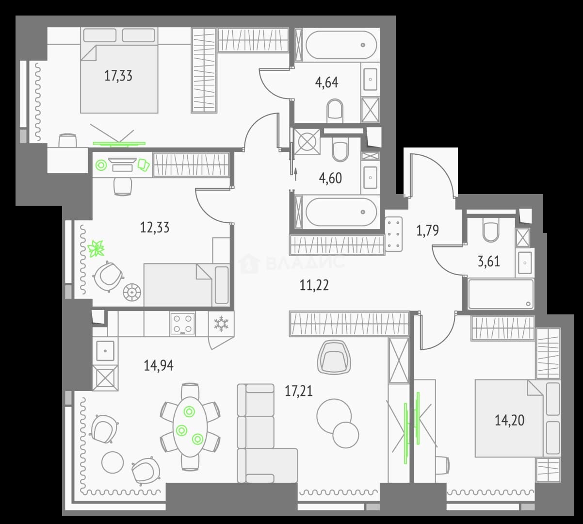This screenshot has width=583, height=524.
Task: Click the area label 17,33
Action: point(118,76)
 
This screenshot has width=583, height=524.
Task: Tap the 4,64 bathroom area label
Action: point(326,82)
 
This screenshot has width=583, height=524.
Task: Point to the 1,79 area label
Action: point(428,230)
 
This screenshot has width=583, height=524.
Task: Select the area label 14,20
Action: point(510,420)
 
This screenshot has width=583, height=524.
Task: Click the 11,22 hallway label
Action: point(314,285)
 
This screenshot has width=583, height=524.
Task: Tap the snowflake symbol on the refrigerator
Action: point(221,323)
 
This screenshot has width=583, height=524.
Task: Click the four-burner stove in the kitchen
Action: point(182,323)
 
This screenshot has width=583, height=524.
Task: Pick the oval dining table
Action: point(190,426)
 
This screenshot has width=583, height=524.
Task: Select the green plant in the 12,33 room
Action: point(96,248)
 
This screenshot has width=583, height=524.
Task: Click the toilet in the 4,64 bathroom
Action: point(335,111)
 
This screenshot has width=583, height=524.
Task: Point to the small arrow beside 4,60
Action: point(295,175)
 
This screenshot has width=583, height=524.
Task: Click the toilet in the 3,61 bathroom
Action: point(491,231)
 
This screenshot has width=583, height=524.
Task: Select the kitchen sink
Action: point(105,350)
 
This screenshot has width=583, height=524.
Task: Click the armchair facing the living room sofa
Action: point(334,357)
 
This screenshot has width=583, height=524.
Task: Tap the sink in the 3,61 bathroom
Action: point(525,263)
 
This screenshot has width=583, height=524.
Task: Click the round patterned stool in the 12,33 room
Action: point(132,292)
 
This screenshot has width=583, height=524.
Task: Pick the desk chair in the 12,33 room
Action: point(123,186)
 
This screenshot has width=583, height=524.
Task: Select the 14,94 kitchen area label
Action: point(159,366)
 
